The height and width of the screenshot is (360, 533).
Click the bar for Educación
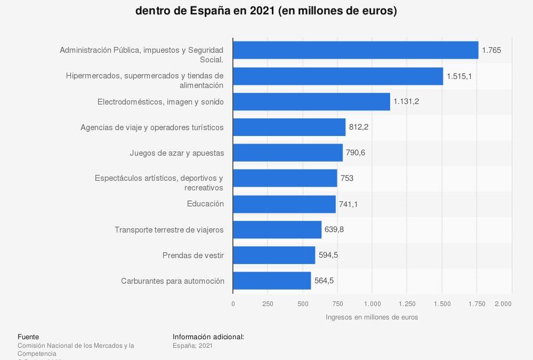click(284, 204)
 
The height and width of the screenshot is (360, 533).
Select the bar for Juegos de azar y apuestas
click(288, 153)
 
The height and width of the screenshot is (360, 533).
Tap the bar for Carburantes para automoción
click(272, 281)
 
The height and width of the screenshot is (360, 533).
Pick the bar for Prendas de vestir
click(274, 255)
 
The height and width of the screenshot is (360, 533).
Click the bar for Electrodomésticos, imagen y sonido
click(311, 101)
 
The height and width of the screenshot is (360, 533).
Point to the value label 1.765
click(491, 50)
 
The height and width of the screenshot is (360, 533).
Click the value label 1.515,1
click(459, 76)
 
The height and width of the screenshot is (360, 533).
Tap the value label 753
click(347, 178)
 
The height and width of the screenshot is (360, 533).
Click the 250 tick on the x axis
click(268, 303)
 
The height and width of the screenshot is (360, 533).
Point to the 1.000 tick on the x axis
click(372, 303)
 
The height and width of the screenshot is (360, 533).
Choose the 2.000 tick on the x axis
click(503, 303)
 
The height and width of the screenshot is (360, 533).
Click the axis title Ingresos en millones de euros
click(372, 317)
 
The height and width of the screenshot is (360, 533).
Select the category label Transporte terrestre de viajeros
click(169, 229)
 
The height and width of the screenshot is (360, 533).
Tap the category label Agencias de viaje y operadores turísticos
click(152, 127)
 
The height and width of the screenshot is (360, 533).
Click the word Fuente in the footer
click(28, 337)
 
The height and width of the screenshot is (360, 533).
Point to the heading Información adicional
click(208, 337)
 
